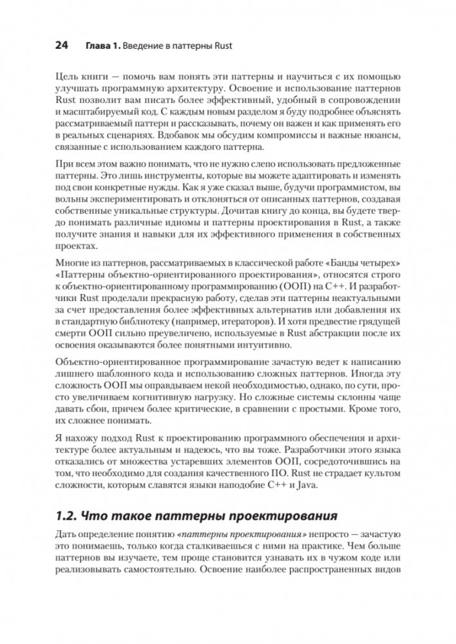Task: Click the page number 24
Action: [x=61, y=46]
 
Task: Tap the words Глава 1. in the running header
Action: [x=104, y=46]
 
